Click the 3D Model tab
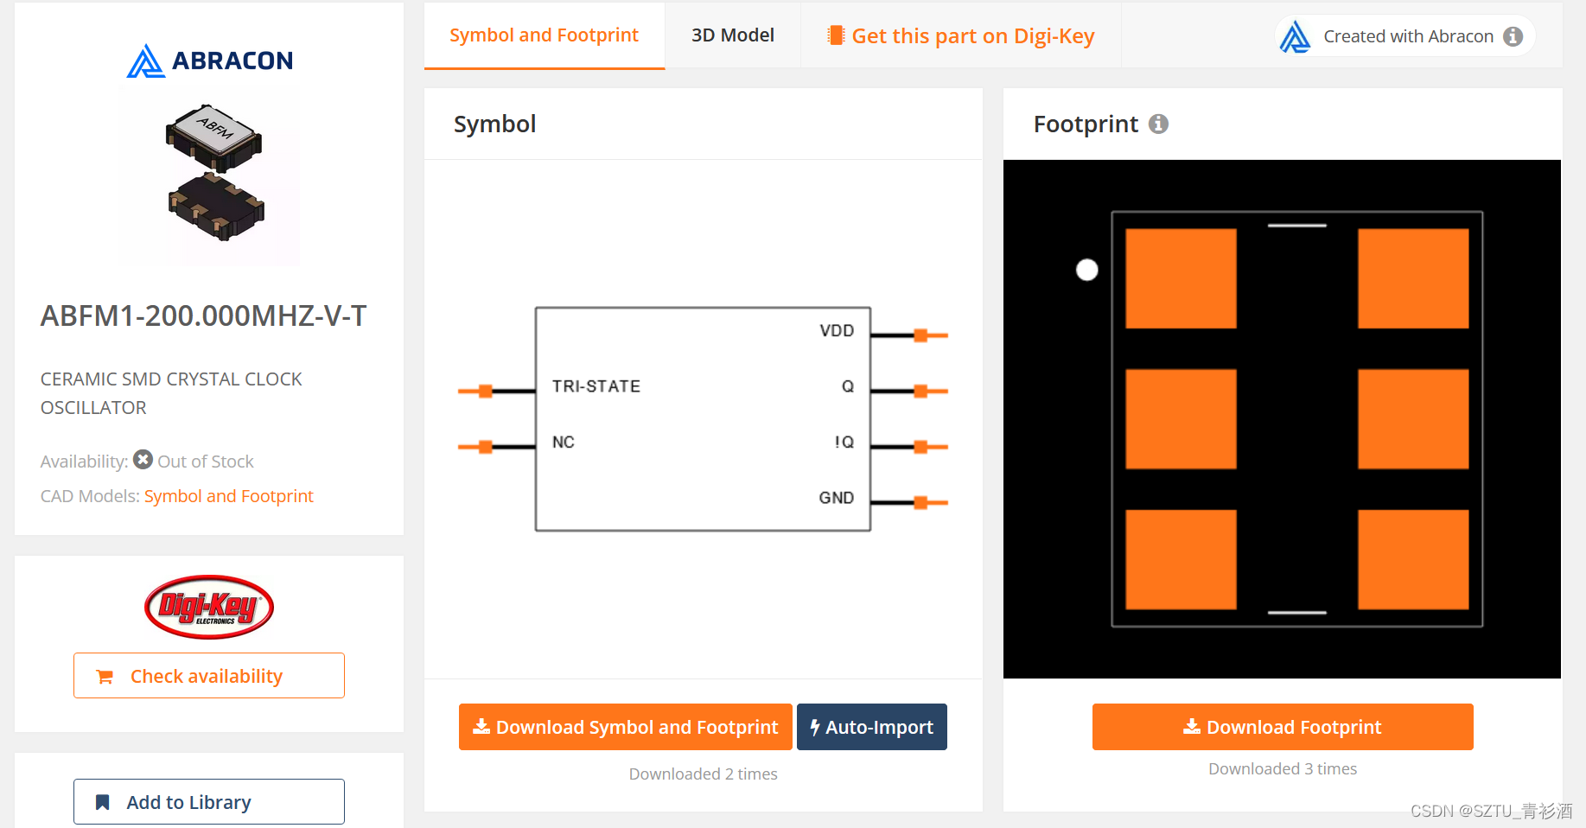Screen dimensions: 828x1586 coord(732,35)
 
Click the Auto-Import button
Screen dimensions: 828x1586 coord(871,727)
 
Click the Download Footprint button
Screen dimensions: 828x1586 coord(1283,727)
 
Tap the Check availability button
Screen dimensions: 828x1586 coord(208,676)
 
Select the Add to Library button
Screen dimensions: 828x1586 coord(208,802)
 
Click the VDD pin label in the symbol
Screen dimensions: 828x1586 coord(836,331)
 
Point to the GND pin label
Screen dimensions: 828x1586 coord(836,498)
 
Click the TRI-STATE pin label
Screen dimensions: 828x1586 coord(596,386)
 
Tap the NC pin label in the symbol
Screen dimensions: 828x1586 coord(564,443)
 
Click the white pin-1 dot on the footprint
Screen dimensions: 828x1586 coord(1087,271)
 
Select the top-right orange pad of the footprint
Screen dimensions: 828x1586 coord(1413,278)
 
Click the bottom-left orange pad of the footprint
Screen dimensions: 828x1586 coord(1181,559)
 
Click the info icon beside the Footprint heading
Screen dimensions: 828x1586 coord(1158,124)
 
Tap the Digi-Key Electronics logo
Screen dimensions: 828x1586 coord(209,607)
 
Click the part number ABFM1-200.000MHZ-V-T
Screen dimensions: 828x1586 coord(204,316)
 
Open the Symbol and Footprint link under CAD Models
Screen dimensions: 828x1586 coord(228,496)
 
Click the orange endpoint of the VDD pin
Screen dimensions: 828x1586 coord(921,335)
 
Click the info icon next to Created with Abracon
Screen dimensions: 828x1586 coord(1513,36)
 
